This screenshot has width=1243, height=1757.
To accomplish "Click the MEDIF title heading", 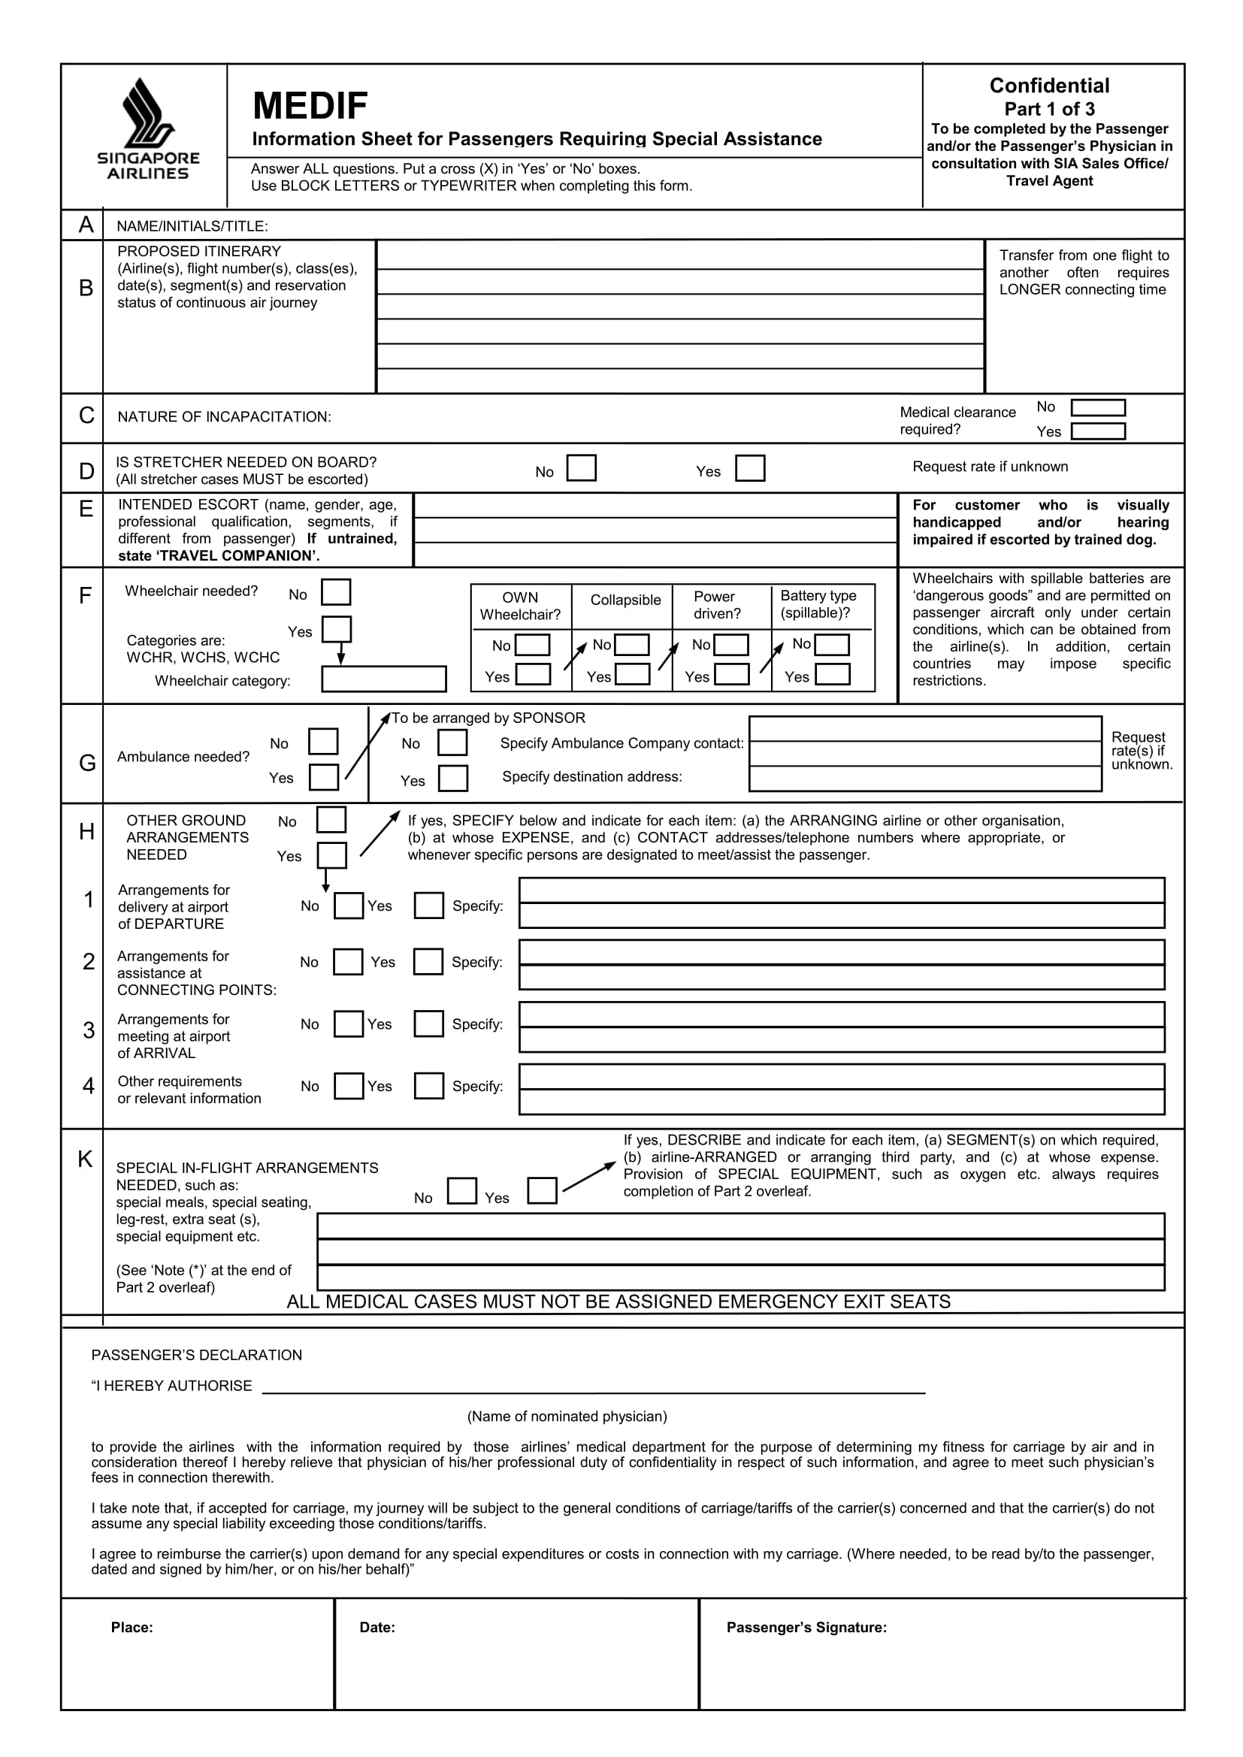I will point(310,106).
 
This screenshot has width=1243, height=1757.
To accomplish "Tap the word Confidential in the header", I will point(1048,86).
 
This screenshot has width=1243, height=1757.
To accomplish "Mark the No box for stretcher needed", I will point(581,467).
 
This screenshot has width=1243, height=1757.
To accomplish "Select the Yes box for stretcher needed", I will point(749,467).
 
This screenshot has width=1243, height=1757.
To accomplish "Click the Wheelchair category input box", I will point(383,679).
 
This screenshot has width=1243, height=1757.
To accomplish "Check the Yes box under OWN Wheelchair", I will point(533,674).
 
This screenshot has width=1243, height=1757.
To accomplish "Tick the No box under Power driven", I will point(731,645).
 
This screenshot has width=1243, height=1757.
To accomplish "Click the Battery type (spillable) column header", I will point(818,603).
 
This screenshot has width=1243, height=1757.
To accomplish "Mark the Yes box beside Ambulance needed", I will point(324,777).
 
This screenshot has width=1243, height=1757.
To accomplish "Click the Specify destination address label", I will point(591,777).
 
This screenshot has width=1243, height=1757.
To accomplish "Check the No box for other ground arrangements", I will point(331,820).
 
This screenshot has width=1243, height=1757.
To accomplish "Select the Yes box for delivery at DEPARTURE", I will point(428,906).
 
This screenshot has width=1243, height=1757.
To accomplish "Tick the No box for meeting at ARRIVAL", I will point(348,1024).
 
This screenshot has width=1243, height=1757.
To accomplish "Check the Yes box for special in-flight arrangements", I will point(542,1190).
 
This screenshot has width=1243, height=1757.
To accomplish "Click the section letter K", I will point(85,1160).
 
